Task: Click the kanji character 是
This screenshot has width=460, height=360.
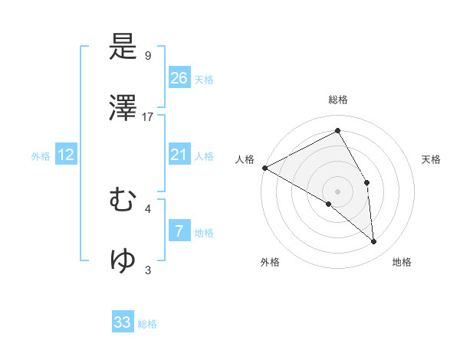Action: (123, 49)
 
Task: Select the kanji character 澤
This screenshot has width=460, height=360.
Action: (123, 110)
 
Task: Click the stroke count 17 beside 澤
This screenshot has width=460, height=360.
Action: (148, 116)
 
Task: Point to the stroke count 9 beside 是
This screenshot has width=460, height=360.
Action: (148, 56)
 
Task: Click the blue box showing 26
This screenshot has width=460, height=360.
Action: (179, 78)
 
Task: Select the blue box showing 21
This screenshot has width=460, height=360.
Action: (179, 155)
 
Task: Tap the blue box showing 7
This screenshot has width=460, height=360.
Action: (179, 231)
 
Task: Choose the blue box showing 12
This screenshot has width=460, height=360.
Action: (66, 155)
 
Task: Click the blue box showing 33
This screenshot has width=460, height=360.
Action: (123, 322)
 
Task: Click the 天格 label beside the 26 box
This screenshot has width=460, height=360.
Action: (204, 80)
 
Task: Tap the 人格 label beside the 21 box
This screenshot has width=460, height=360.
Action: (204, 156)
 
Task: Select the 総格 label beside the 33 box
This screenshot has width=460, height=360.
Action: (147, 324)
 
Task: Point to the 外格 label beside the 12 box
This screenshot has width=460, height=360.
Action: (41, 156)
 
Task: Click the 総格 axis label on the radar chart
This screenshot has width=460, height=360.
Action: (338, 100)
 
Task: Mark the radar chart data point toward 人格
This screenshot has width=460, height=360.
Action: (264, 167)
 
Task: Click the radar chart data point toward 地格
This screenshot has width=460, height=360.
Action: (374, 242)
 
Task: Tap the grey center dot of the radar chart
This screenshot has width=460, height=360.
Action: (338, 191)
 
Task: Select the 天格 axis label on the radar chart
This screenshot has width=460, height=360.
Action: (431, 159)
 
